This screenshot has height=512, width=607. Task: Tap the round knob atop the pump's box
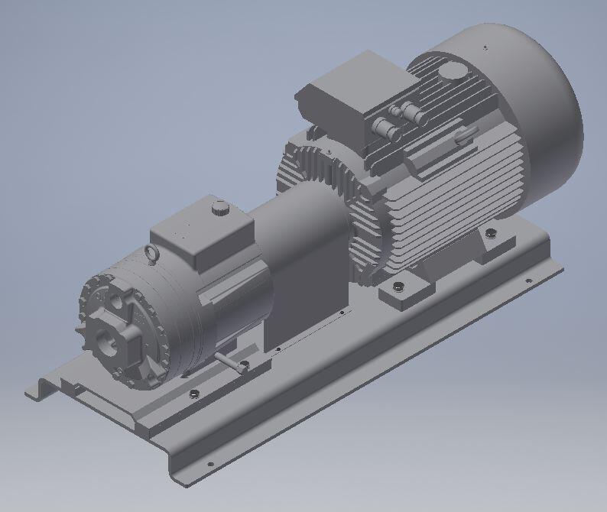219,206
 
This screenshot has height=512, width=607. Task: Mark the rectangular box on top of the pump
201,236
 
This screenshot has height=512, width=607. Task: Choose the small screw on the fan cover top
485,47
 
